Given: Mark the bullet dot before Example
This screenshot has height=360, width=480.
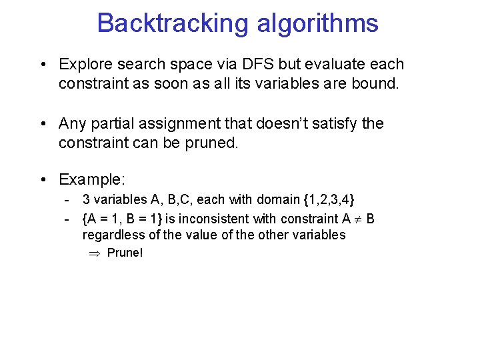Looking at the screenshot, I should coord(42,180).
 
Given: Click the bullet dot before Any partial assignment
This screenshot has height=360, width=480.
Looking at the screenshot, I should coord(42,124).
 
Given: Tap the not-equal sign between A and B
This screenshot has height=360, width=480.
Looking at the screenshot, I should coord(357,219).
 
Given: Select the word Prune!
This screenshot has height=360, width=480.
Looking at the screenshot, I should coord(125,253).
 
